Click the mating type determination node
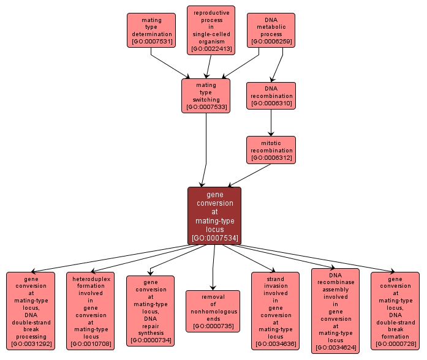coord(151,31)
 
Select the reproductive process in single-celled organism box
coord(211,30)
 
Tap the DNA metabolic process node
coord(271,31)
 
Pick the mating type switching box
coord(206,96)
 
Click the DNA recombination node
coord(271,96)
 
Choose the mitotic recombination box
coord(271,150)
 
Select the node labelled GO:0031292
coord(31,310)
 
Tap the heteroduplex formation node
coord(91,310)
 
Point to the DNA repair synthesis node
coord(151,310)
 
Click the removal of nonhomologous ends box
coord(213,311)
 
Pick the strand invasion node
coord(276,310)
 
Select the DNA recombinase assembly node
coord(335,310)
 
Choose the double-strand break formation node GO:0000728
coord(395,310)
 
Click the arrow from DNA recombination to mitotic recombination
coord(271,122)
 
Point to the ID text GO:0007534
coord(214,238)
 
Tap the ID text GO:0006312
coord(271,158)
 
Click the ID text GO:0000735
coord(213,326)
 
